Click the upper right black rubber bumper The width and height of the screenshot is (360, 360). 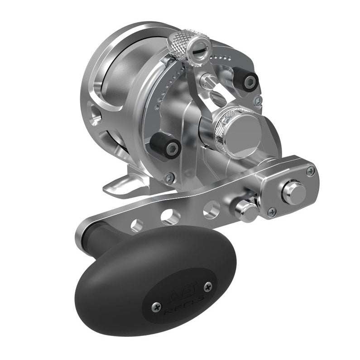pyautogui.click(x=247, y=80)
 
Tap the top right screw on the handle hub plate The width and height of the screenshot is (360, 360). pyautogui.click(x=310, y=171)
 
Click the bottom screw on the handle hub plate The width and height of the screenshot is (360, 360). pyautogui.click(x=271, y=211)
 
